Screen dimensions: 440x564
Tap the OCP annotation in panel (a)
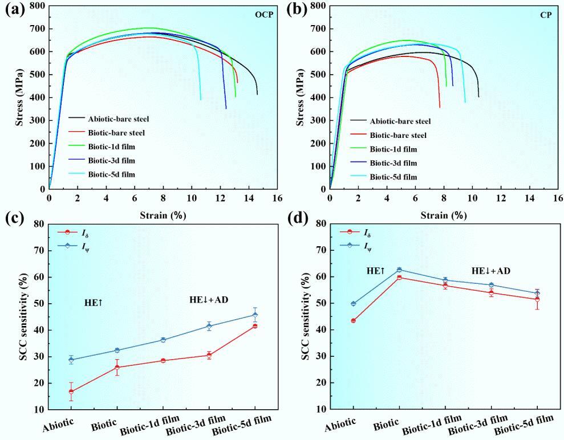click(x=263, y=14)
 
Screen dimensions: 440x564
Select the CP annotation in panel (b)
click(x=546, y=14)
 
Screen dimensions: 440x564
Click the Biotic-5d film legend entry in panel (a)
click(x=111, y=174)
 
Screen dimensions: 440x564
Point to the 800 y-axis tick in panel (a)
click(x=36, y=6)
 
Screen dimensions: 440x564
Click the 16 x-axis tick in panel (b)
click(x=558, y=198)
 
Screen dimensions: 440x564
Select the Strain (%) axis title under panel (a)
click(x=163, y=215)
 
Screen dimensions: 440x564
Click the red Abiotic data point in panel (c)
click(x=71, y=392)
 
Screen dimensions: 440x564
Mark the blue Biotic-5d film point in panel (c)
click(x=255, y=315)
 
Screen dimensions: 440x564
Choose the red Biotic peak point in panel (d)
click(x=399, y=277)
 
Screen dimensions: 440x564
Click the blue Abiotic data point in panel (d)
click(x=354, y=303)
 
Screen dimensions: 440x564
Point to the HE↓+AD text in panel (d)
click(x=491, y=271)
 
